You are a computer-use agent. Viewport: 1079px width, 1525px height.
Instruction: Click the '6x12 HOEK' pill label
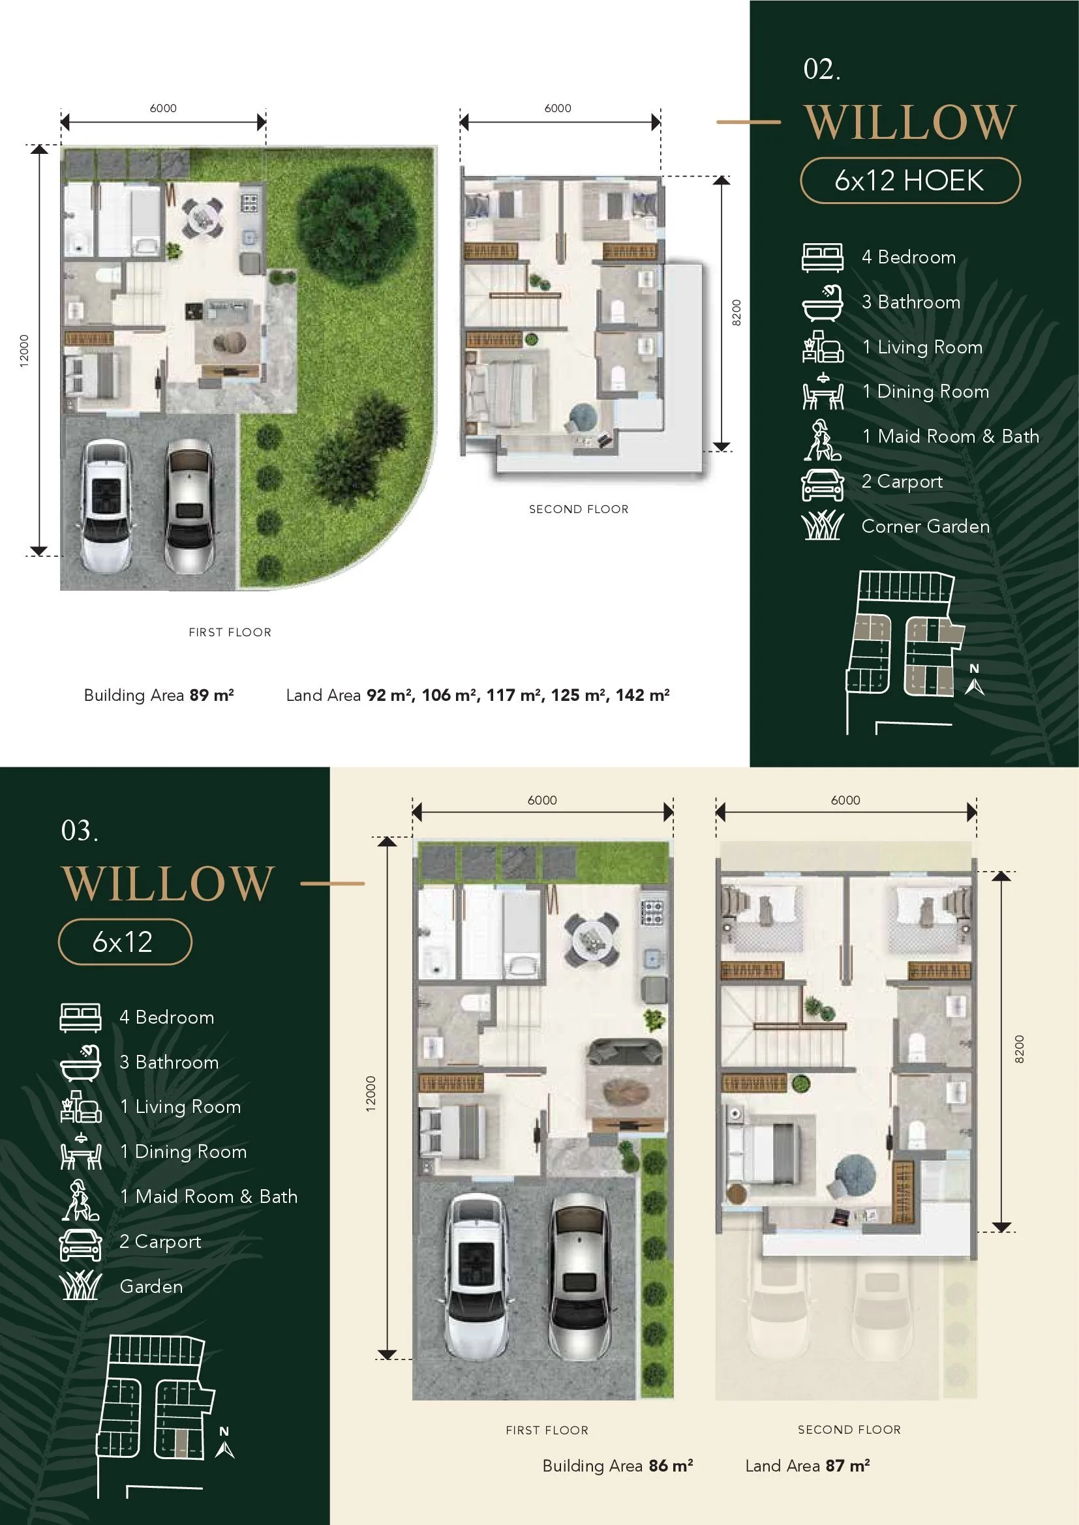(x=909, y=181)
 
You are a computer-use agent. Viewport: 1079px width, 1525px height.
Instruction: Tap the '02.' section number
(x=822, y=69)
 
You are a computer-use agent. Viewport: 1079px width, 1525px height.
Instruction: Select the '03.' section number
(x=80, y=830)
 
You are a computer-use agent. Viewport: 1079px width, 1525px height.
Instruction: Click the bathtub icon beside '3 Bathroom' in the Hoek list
(x=823, y=303)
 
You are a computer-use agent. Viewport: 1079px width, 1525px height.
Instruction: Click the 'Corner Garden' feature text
(x=926, y=527)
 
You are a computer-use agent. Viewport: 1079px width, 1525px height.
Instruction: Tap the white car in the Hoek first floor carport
(x=105, y=505)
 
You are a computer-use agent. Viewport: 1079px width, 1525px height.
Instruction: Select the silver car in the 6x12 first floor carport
(x=579, y=1280)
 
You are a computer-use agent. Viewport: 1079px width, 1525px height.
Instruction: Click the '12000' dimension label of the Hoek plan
(x=24, y=350)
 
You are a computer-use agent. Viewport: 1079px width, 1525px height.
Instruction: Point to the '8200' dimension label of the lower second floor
(x=1019, y=1049)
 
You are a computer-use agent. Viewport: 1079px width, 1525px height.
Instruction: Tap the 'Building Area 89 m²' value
(x=159, y=696)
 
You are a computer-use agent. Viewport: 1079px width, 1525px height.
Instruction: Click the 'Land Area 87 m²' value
(x=807, y=1466)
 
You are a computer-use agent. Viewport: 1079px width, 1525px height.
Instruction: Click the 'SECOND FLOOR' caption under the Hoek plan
(x=579, y=509)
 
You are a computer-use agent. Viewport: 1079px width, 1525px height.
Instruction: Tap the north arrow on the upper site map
(x=975, y=680)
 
